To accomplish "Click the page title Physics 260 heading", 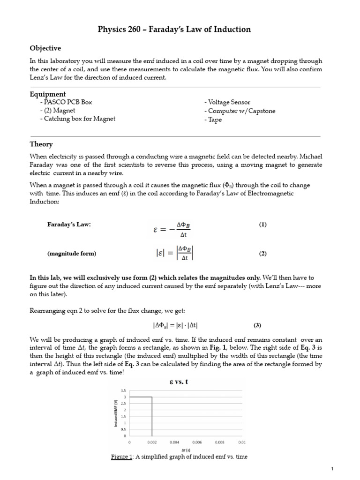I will coord(180,30).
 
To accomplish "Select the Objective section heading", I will coord(45,48).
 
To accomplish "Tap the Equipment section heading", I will coord(48,94).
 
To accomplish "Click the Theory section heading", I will coord(41,144).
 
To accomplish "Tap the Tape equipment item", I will coord(213,119).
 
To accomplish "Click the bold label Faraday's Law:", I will coord(68,225).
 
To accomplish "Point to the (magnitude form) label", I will coord(71,254).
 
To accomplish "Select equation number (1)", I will coord(262,225).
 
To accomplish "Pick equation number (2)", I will coord(262,254).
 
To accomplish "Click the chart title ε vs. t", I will coord(180,382).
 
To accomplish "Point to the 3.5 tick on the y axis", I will coord(123,390).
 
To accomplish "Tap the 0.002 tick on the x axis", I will coord(152,442).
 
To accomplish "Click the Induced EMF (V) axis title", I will coord(115,412).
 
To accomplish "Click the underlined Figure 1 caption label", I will coord(120,457).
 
